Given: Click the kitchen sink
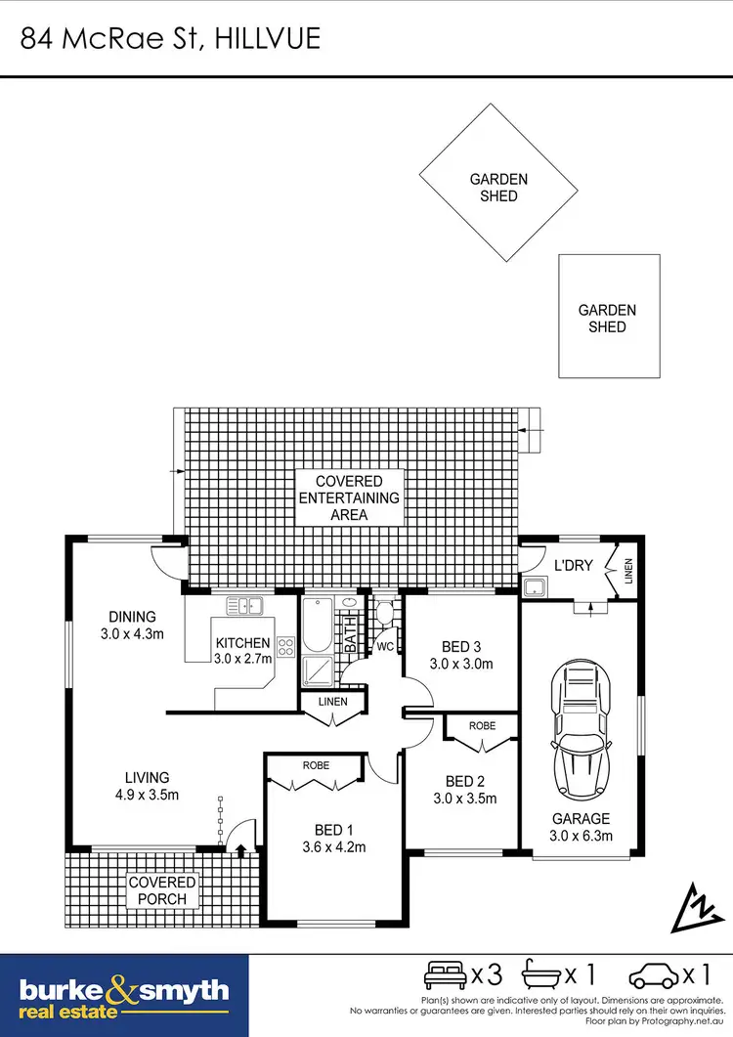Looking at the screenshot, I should point(246,606).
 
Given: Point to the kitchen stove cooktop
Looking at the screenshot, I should point(286,646).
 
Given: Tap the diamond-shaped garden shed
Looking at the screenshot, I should point(498,188).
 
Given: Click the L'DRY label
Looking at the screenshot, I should point(575,565).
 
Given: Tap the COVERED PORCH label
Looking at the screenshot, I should point(163,890).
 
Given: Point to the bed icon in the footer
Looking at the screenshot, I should point(445,974).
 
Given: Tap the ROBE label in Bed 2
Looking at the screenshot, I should point(482,726).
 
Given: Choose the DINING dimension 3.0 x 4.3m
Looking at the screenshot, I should point(132,633).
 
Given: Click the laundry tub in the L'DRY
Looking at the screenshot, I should point(535,586).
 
